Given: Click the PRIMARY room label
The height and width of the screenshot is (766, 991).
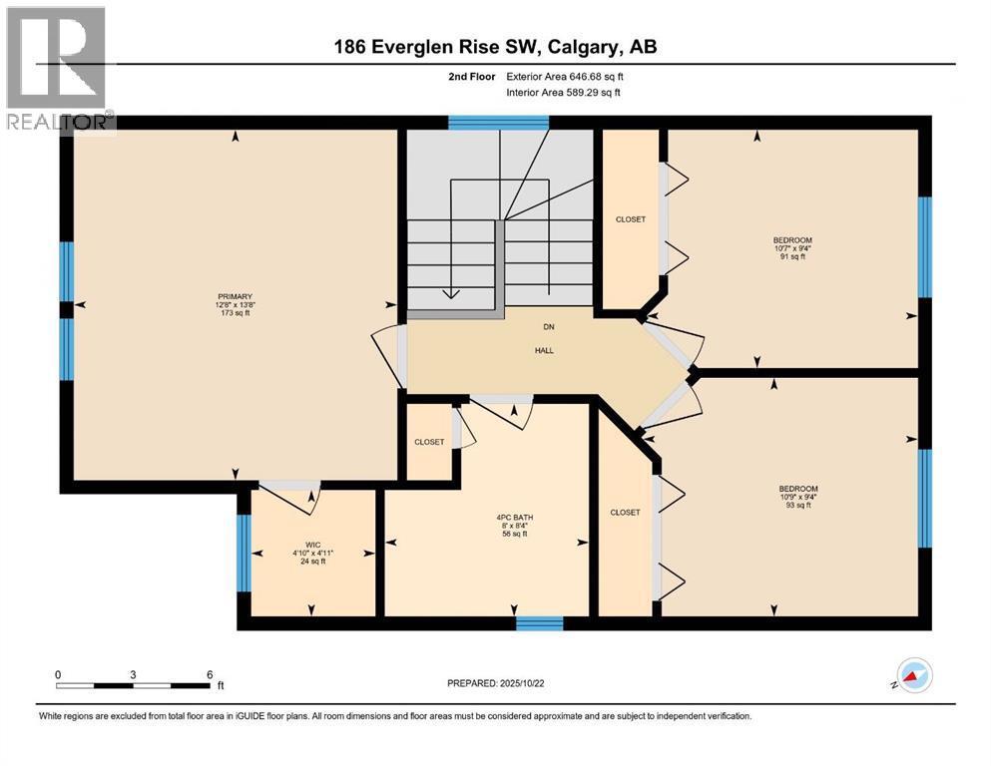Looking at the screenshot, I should coord(236,296).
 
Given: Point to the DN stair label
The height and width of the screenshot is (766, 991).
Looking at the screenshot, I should coord(548,327).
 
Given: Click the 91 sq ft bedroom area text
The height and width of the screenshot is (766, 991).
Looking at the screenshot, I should coord(792,257).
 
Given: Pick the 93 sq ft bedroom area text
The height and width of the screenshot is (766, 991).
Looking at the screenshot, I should coord(793,504).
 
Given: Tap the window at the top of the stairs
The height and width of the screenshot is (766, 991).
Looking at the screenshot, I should coord(498,123).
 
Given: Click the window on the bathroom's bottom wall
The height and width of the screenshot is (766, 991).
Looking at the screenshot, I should coord(539,623).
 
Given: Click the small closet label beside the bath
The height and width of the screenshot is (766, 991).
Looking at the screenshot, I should coord(429,441).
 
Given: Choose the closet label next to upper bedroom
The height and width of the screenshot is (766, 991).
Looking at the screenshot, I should coord(630,219).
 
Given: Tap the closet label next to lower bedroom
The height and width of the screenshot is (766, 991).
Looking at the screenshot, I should coord(625,512).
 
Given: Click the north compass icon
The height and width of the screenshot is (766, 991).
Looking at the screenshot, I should coord(913,676).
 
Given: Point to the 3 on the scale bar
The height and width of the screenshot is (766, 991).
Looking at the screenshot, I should coord(133,674).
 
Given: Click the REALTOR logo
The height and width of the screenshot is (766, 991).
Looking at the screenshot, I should coord(57,69).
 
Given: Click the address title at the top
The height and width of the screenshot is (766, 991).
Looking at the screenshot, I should coord(495,47).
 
